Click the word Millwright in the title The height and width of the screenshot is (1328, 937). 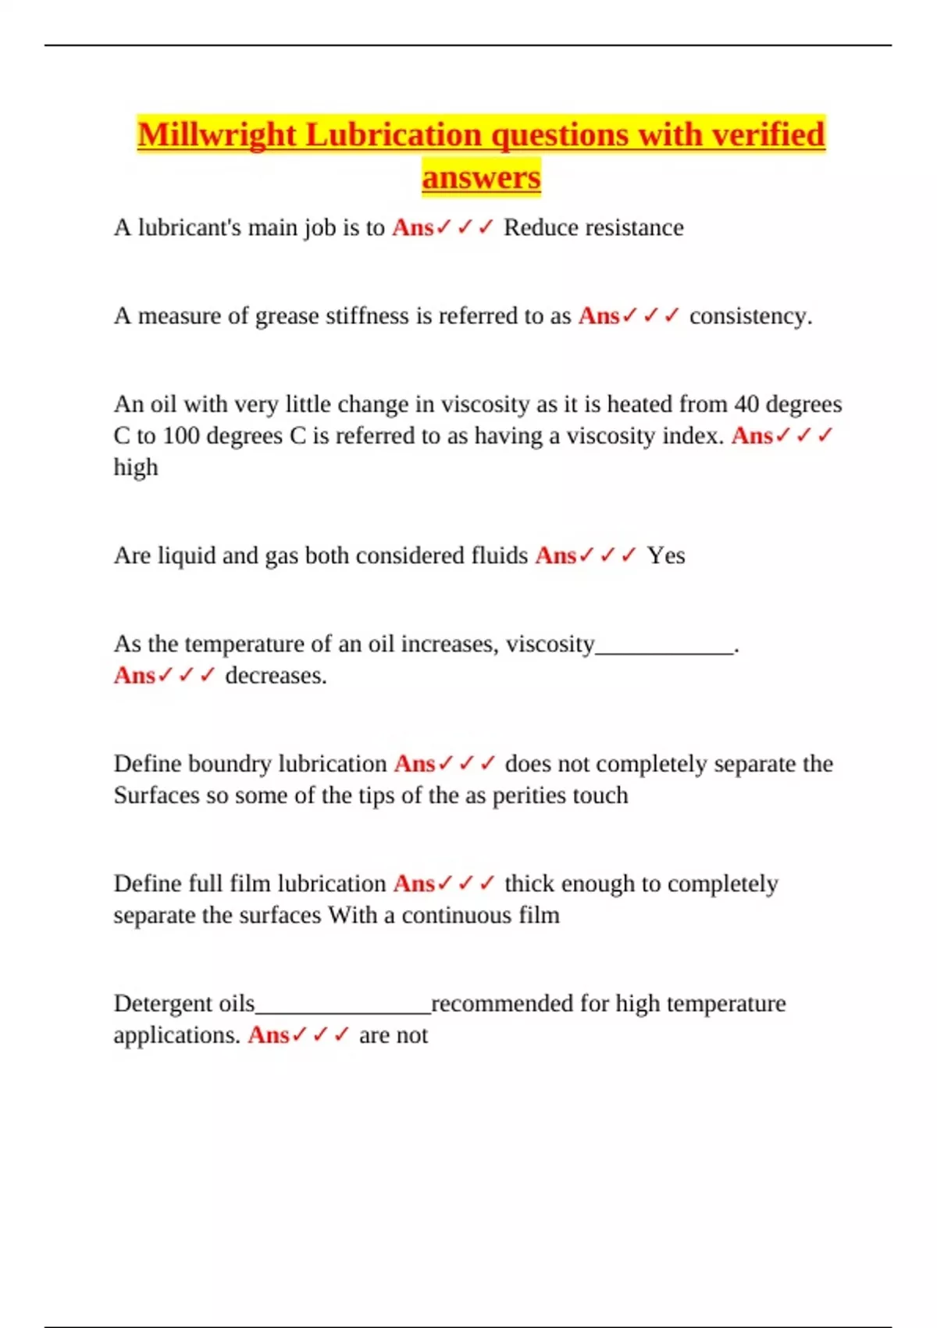click(217, 135)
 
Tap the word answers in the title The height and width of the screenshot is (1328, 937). click(481, 177)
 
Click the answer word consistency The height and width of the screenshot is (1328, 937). click(750, 316)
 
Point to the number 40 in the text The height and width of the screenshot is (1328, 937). click(746, 404)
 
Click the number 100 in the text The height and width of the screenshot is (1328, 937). click(181, 435)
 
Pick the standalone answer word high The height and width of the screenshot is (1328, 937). click(136, 467)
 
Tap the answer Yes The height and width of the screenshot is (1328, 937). click(666, 555)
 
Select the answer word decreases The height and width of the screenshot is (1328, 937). click(276, 676)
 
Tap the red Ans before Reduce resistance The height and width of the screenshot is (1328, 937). click(412, 227)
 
